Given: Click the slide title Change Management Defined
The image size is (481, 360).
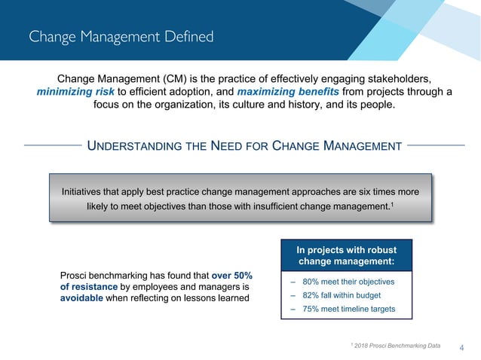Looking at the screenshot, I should click(x=121, y=36).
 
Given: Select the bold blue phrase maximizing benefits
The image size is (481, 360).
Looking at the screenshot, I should click(x=288, y=92).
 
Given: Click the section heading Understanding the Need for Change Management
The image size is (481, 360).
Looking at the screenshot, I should click(x=245, y=145).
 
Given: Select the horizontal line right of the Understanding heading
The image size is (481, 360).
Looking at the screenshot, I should click(x=440, y=145).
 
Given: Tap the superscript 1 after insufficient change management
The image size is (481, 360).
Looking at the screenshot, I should click(x=392, y=204).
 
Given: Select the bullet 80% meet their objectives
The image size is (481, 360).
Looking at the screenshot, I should click(x=348, y=282).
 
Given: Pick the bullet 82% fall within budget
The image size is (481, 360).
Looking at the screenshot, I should click(x=343, y=296).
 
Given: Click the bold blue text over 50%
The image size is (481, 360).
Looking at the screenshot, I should click(x=232, y=275).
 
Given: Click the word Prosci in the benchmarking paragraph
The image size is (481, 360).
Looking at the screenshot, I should click(x=75, y=275).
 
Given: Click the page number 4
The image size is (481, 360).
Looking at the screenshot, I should click(x=461, y=347).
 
